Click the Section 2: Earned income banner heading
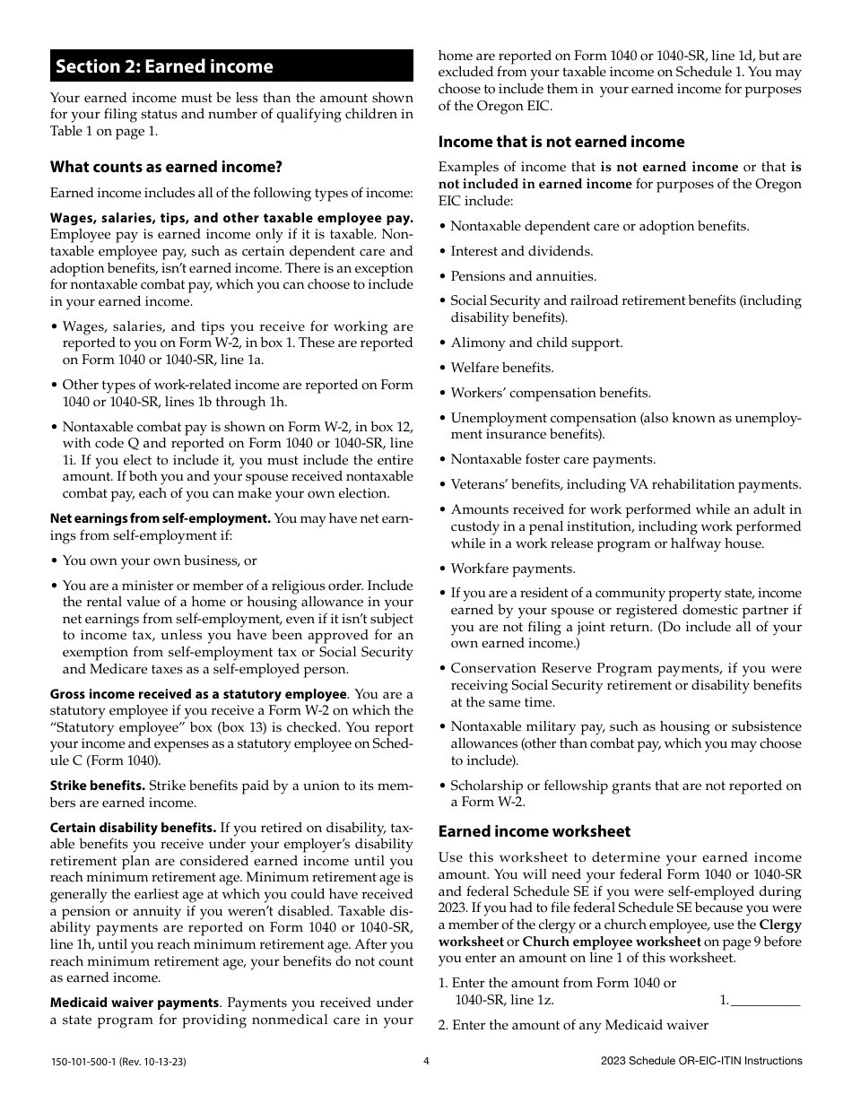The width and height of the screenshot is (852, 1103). click(164, 66)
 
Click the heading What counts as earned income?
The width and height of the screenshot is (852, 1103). click(166, 166)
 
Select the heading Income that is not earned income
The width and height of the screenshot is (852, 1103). click(561, 142)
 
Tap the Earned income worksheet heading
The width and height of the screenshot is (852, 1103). click(534, 831)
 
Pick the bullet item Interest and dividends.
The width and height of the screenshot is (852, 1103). click(520, 251)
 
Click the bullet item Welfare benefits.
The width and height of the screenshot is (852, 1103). click(501, 368)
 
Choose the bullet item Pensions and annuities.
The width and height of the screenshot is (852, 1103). click(522, 276)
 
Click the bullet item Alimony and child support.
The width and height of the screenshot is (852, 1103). click(535, 343)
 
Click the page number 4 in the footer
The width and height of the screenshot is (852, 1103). click(426, 1061)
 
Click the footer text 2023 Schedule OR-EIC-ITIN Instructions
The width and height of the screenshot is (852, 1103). click(701, 1061)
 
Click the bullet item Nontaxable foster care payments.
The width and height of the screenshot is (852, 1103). click(552, 459)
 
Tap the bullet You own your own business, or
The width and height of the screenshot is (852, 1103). click(159, 560)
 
